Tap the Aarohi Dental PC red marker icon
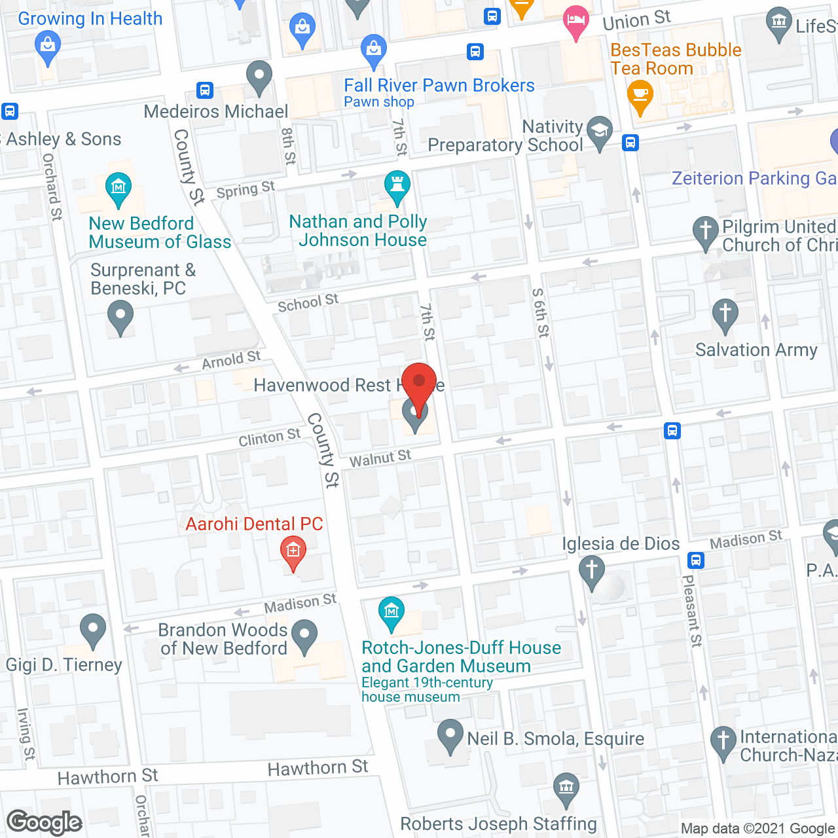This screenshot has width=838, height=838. pyautogui.click(x=293, y=552)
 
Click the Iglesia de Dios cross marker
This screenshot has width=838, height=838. pyautogui.click(x=592, y=571)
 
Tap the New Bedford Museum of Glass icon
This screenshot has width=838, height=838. pyautogui.click(x=118, y=189)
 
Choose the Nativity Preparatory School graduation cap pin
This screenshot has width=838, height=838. pyautogui.click(x=600, y=132)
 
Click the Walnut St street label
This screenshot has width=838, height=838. pyautogui.click(x=380, y=458)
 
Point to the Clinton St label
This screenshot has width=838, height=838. pyautogui.click(x=269, y=437)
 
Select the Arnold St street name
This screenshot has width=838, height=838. pyautogui.click(x=231, y=359)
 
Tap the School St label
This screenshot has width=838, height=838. pyautogui.click(x=308, y=303)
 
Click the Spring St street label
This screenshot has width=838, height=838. pyautogui.click(x=246, y=190)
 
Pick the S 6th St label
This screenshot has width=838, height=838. pyautogui.click(x=540, y=312)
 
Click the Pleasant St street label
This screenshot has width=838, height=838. pyautogui.click(x=692, y=610)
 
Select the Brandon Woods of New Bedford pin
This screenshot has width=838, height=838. pyautogui.click(x=304, y=636)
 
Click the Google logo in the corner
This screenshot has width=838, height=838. pyautogui.click(x=45, y=822)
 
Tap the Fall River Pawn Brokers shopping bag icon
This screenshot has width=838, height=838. pyautogui.click(x=373, y=50)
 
